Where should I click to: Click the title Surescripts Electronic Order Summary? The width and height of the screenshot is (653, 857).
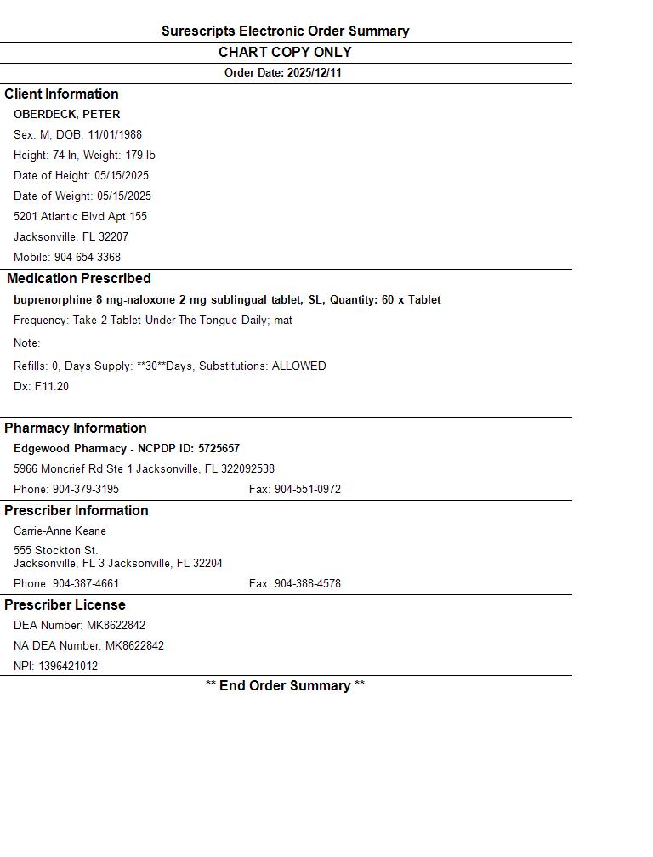(285, 31)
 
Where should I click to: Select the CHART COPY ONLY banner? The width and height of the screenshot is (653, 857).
(285, 52)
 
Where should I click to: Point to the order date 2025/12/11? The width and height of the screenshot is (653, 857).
(314, 73)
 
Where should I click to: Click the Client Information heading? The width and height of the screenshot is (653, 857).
(61, 94)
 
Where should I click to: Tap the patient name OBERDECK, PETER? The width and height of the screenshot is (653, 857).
(66, 114)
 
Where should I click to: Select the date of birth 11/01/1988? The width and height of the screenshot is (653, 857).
(115, 134)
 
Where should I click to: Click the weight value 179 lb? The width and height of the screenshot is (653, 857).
(138, 155)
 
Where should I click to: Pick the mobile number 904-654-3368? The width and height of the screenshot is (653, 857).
(88, 257)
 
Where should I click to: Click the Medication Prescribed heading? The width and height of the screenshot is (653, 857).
(78, 278)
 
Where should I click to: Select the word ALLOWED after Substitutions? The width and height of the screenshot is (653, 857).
(298, 366)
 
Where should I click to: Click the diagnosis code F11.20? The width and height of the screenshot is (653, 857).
(52, 386)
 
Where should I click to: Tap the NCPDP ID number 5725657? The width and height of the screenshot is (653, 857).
(219, 448)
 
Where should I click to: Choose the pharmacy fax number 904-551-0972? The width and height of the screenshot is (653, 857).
(307, 489)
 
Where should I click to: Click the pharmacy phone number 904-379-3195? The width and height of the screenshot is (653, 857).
(86, 489)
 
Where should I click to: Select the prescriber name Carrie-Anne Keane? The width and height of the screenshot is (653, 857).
(60, 531)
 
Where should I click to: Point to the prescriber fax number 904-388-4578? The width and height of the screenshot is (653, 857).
(307, 583)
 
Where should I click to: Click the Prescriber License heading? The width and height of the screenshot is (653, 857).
(65, 604)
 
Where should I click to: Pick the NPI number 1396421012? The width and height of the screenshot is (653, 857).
(68, 666)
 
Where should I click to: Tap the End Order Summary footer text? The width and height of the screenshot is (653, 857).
(285, 685)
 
